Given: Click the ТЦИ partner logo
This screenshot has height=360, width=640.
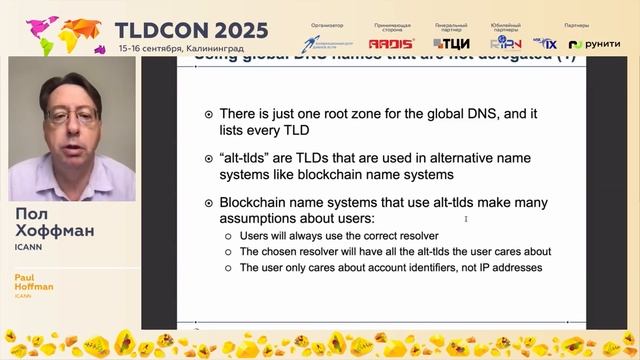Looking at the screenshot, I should (x=451, y=43).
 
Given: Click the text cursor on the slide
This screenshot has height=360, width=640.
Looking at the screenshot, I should (x=466, y=218).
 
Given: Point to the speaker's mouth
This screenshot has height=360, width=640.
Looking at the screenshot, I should (x=73, y=149).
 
